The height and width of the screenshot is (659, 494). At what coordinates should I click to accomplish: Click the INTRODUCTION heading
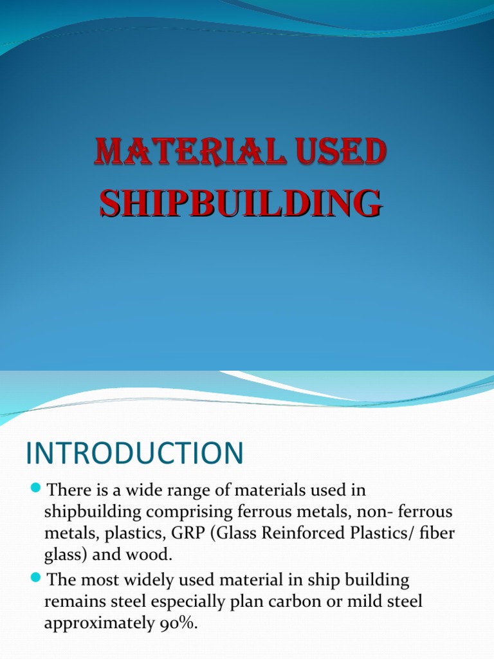134,453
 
